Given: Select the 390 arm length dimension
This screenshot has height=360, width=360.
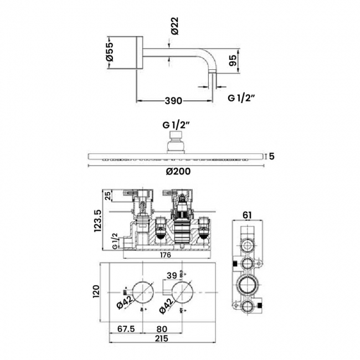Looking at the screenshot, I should [x=174, y=101].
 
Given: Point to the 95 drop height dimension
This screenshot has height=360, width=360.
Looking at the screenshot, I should [x=233, y=60].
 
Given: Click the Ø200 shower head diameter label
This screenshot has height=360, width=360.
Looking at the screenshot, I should [x=177, y=171].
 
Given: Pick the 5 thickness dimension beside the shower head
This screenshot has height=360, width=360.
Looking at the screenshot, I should [x=271, y=156].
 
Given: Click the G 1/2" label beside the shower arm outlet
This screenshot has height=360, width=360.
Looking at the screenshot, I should [x=241, y=98].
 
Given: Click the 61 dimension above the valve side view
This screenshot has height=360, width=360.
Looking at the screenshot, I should [x=248, y=215].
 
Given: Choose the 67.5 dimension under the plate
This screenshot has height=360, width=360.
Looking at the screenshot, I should [x=127, y=328].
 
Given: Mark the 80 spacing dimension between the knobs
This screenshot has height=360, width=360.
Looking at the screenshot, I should [x=163, y=328].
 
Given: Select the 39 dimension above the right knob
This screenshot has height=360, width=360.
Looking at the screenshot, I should [x=172, y=275].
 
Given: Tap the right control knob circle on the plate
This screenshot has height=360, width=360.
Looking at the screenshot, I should [x=182, y=290].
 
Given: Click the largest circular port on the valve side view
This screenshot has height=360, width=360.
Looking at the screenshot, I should [x=248, y=286].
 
